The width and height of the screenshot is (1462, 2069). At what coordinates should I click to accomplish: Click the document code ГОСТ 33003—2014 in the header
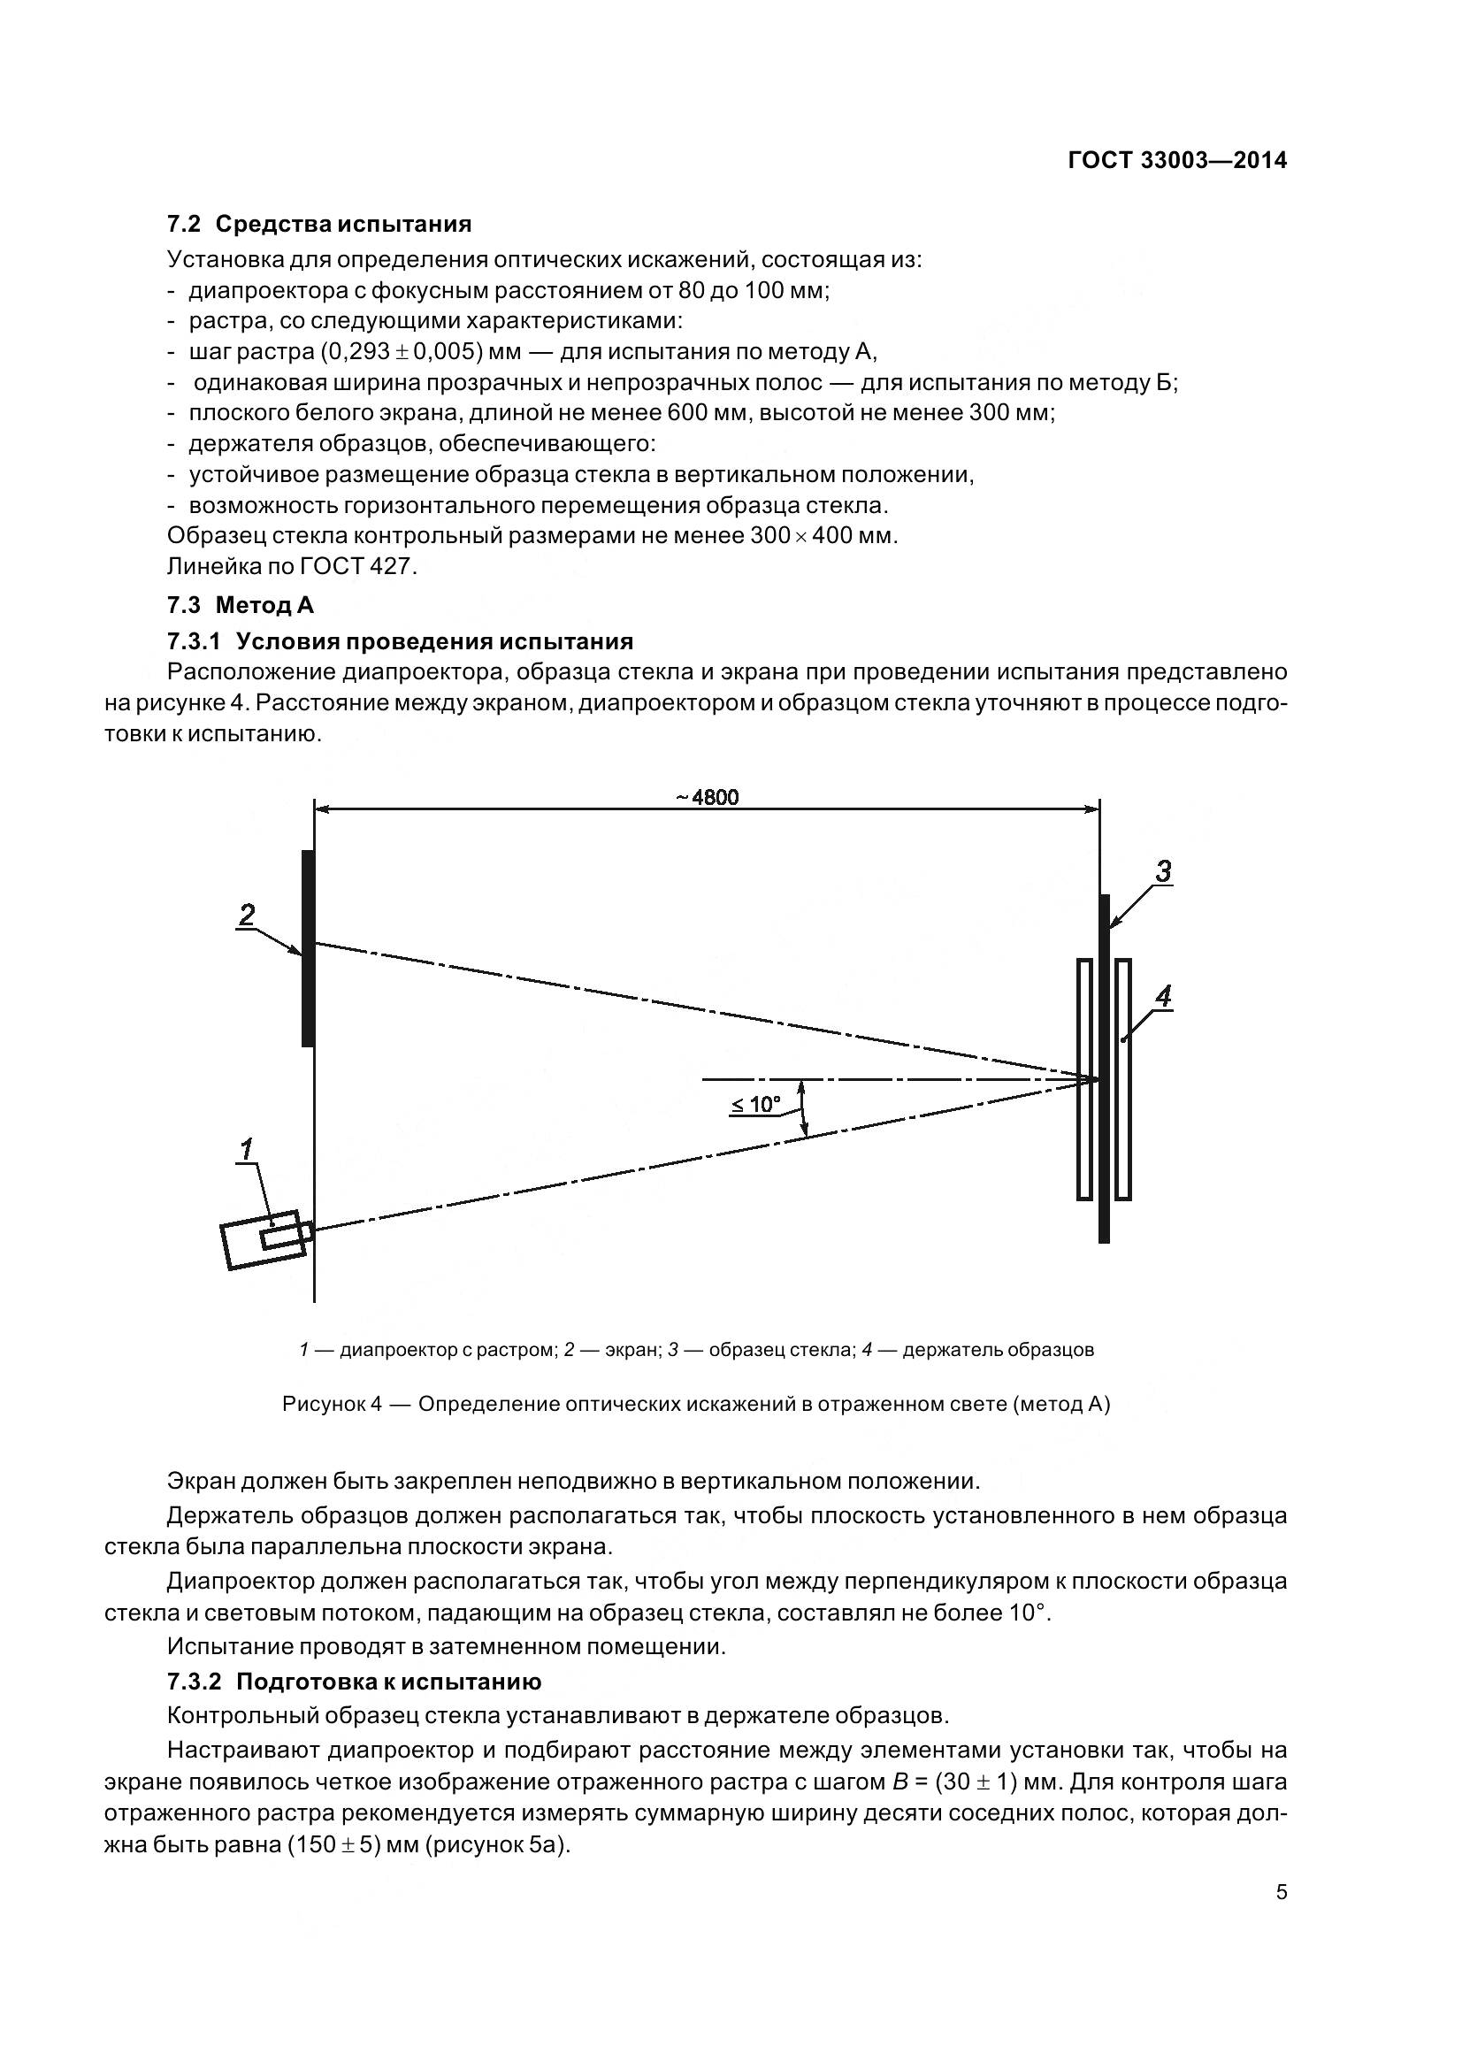1176,160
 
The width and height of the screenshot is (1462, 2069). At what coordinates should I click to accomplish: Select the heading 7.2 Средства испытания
319,224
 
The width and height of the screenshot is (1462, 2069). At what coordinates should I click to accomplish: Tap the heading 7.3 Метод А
240,605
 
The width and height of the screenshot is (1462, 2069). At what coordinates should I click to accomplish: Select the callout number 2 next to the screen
246,915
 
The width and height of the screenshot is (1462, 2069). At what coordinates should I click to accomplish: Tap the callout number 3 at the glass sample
1163,871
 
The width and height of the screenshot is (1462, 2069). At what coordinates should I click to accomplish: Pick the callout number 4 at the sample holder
1163,997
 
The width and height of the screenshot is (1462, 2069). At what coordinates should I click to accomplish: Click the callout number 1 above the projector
246,1149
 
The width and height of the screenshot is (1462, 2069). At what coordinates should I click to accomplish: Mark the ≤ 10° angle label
754,1104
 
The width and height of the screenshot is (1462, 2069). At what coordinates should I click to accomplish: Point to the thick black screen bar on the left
308,948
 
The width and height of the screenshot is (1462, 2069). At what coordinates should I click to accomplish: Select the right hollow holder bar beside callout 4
1122,1079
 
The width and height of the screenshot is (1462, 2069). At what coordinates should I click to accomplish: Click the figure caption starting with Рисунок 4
695,1405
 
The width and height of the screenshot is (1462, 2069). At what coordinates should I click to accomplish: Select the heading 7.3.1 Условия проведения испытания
400,640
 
